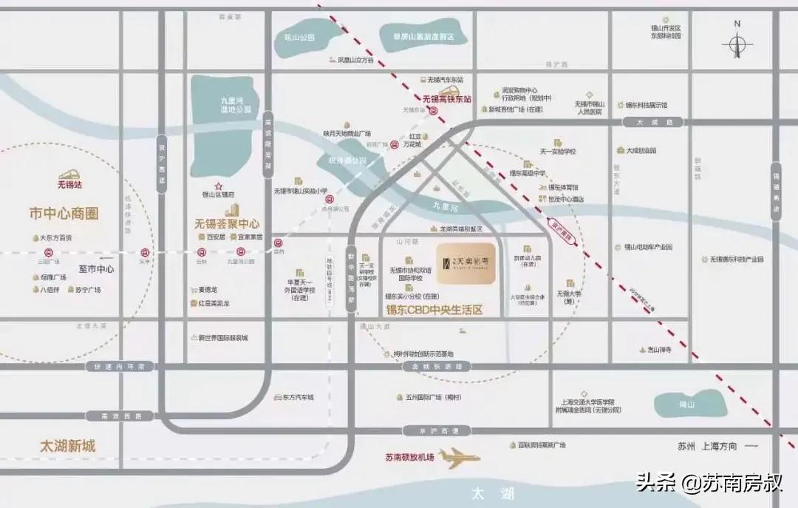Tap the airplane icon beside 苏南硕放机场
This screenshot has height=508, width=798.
point(459,458)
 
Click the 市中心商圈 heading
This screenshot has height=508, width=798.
point(64,214)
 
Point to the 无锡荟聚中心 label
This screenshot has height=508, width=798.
point(227,222)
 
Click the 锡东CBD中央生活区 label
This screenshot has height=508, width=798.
point(434,310)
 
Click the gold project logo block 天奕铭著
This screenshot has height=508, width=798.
point(465,264)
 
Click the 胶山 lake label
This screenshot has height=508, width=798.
point(687,404)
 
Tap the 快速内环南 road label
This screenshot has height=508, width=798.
point(118,366)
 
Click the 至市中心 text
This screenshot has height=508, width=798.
point(96,269)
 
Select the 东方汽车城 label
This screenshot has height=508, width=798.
point(297,397)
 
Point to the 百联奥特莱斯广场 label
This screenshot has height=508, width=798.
point(541,445)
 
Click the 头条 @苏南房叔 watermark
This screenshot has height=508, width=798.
point(709,484)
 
